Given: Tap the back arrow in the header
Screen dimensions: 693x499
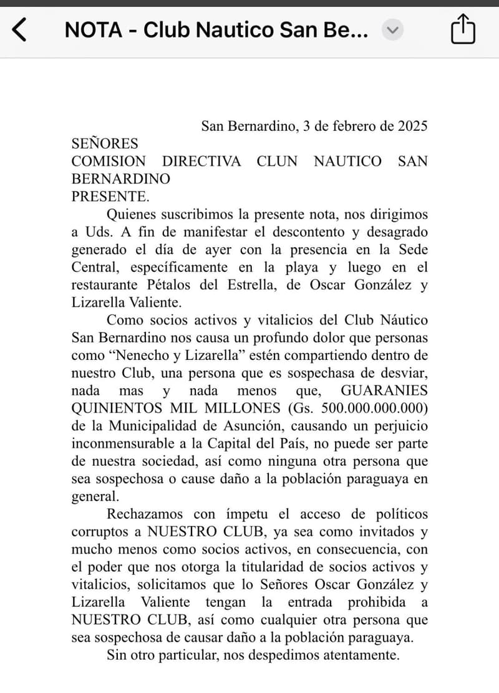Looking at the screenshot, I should (x=20, y=29).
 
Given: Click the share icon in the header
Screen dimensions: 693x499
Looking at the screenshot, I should (x=463, y=29).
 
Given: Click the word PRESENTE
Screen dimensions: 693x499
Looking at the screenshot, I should (x=110, y=196).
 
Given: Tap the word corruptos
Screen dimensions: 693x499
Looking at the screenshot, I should (x=100, y=532).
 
